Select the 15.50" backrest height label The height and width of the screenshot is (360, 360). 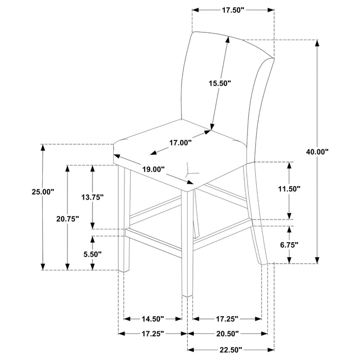click(220, 83)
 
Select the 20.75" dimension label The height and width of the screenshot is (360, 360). click(67, 219)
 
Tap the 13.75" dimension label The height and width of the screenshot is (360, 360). click(93, 196)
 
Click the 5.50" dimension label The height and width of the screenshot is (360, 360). click(93, 254)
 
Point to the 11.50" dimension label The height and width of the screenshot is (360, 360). click(290, 189)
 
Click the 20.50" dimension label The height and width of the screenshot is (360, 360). click(228, 333)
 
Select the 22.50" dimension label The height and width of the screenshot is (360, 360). click(228, 350)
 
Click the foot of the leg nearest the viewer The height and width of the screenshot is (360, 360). click(187, 293)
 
